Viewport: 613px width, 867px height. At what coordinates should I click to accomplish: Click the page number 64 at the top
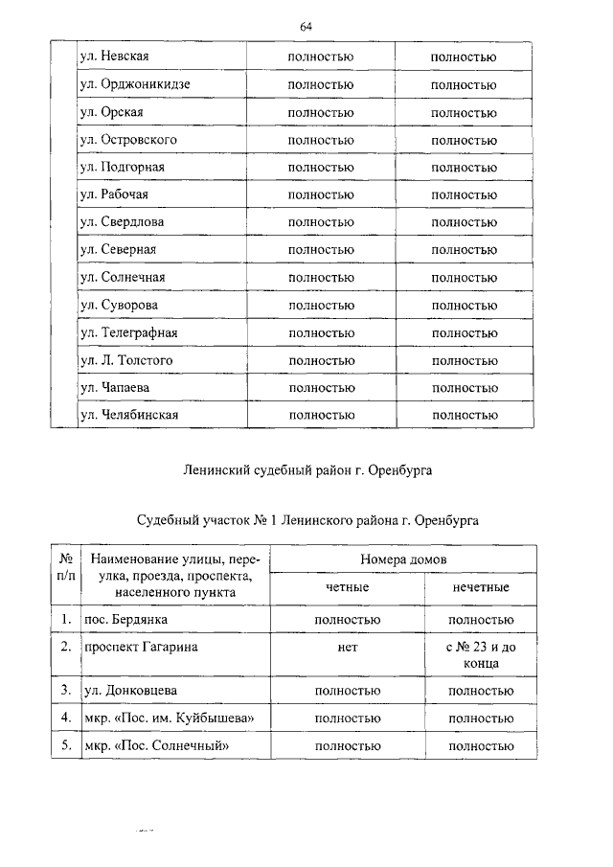pos(306,27)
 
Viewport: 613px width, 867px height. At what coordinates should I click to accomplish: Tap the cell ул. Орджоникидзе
pos(135,84)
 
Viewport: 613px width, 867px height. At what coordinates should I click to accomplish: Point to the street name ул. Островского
pos(129,140)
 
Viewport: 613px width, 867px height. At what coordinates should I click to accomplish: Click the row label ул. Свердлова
pos(123,222)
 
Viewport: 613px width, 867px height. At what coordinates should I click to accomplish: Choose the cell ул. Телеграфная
pos(129,332)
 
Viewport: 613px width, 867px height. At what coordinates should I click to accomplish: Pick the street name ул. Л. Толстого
pos(127,360)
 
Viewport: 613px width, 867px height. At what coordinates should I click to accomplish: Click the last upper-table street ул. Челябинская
pos(129,415)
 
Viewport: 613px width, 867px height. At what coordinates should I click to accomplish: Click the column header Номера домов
pos(403,559)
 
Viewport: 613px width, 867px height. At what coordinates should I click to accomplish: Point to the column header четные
pos(348,587)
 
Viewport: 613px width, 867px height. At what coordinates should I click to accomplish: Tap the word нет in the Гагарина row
pos(348,648)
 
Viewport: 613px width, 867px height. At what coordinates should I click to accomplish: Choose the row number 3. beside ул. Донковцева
pos(66,690)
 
